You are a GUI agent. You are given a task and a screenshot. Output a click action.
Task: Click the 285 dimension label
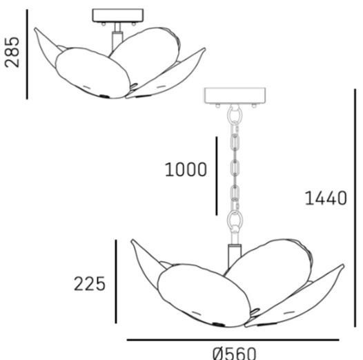click(12, 52)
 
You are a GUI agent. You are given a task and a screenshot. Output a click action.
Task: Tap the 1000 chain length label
click(186, 169)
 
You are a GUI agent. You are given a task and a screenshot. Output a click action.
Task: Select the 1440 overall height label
click(326, 198)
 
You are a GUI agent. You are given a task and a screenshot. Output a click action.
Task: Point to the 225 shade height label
click(90, 284)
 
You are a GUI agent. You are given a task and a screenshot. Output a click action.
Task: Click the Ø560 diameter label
click(235, 353)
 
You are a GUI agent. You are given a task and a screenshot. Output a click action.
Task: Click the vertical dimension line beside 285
click(27, 55)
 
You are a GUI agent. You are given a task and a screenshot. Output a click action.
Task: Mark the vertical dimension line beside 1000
click(217, 176)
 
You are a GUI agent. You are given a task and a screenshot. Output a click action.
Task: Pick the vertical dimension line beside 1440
click(355, 208)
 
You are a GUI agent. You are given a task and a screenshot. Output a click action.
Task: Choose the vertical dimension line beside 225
click(116, 281)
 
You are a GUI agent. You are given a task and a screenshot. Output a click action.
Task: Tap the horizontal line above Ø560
click(233, 340)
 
